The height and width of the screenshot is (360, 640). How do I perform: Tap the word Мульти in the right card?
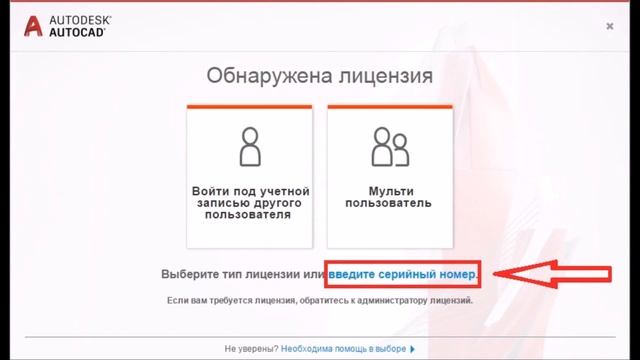click(389, 190)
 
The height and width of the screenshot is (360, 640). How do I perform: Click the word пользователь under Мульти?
click(389, 203)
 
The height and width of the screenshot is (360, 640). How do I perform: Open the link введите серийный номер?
click(403, 273)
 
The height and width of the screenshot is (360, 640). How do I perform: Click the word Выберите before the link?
click(191, 273)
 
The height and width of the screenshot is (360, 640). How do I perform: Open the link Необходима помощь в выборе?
click(343, 349)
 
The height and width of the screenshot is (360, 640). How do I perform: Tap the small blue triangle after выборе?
click(411, 349)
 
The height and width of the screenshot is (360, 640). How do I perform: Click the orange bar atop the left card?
click(250, 106)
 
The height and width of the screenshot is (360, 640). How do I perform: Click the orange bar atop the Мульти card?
click(389, 106)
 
